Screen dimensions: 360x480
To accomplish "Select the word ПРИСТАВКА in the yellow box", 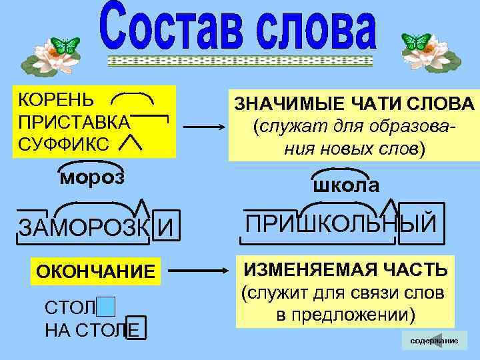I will (74, 123).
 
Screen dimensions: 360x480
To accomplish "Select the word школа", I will (346, 185).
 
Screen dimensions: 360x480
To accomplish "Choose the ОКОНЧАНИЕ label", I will (95, 273).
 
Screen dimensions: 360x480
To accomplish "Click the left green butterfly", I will (66, 46).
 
